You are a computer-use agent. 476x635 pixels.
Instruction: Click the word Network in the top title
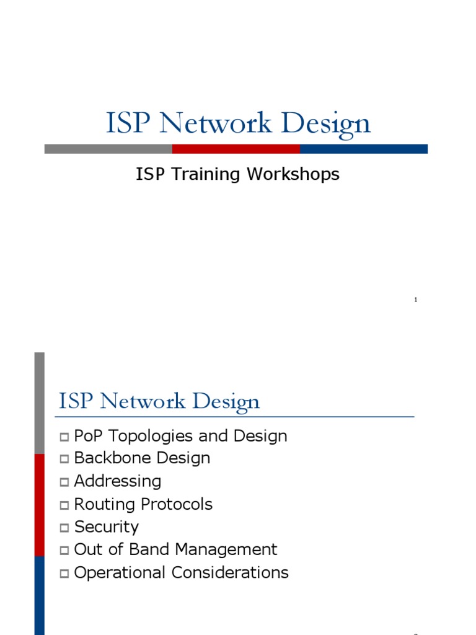point(215,123)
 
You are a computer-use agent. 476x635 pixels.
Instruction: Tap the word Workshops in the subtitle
point(293,174)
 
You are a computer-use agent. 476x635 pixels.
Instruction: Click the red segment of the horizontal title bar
point(236,149)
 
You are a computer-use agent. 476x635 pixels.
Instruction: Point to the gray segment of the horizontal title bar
point(108,149)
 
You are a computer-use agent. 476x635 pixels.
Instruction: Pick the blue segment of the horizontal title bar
point(363,149)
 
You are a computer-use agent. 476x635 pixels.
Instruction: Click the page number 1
point(415,300)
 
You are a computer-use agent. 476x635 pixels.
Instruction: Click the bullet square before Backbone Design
point(64,460)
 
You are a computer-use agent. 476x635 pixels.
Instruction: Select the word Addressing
point(118,481)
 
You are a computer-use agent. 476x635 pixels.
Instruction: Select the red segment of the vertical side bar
point(39,505)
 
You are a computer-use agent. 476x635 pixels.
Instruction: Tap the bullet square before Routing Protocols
point(64,505)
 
